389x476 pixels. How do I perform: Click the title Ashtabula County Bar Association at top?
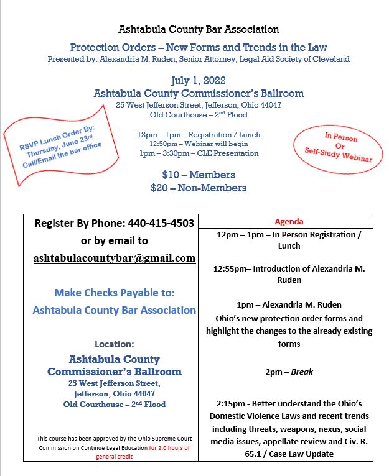tap(199, 29)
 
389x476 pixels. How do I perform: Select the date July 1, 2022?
tap(199, 80)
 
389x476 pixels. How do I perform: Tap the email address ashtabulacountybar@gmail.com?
tap(115, 258)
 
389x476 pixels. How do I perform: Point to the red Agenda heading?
tap(287, 221)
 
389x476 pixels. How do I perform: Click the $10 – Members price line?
tap(199, 175)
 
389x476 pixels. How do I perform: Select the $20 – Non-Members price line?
tap(199, 188)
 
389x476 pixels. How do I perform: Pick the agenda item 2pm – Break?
tap(287, 372)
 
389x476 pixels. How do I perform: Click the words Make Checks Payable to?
tap(115, 292)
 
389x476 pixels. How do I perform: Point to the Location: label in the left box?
tap(115, 343)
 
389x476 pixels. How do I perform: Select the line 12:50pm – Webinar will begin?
tap(199, 144)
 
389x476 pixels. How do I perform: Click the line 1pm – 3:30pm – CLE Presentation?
tap(199, 153)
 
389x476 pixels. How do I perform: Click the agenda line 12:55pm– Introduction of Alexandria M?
tap(287, 268)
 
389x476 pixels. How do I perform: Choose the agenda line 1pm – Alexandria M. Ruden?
tap(287, 304)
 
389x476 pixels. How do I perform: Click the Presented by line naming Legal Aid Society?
tap(199, 59)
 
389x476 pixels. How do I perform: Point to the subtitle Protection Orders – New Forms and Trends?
tap(199, 47)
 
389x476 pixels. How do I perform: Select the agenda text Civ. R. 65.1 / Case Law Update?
tap(287, 454)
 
